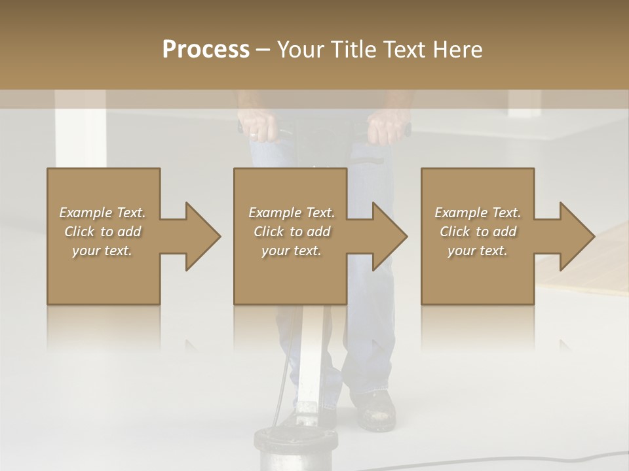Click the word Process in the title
(206, 49)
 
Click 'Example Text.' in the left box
(102, 213)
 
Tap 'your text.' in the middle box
(291, 251)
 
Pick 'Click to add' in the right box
(478, 232)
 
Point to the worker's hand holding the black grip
(387, 128)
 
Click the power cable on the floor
(498, 462)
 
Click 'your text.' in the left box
(102, 251)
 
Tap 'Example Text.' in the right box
(478, 213)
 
